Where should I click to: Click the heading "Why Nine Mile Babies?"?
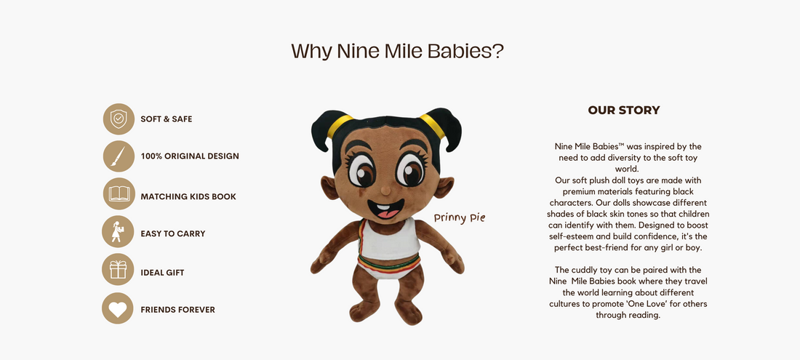(x=397, y=51)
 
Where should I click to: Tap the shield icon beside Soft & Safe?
(x=119, y=119)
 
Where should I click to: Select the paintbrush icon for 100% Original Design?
(x=119, y=156)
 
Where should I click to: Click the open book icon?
(x=119, y=193)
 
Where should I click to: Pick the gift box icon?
(x=118, y=269)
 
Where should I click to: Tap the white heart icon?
(x=118, y=308)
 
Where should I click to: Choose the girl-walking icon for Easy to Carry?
(x=118, y=231)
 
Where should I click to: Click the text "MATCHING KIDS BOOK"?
(x=188, y=197)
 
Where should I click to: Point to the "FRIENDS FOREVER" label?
(x=177, y=310)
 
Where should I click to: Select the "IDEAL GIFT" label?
(x=162, y=273)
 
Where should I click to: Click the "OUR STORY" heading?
(x=624, y=110)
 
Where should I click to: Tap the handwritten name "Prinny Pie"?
(x=460, y=218)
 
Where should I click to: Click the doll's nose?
(x=385, y=191)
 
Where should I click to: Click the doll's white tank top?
(x=390, y=238)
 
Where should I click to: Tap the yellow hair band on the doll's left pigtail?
(x=339, y=125)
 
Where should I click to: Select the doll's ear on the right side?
(x=443, y=187)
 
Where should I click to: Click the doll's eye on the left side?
(x=361, y=169)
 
